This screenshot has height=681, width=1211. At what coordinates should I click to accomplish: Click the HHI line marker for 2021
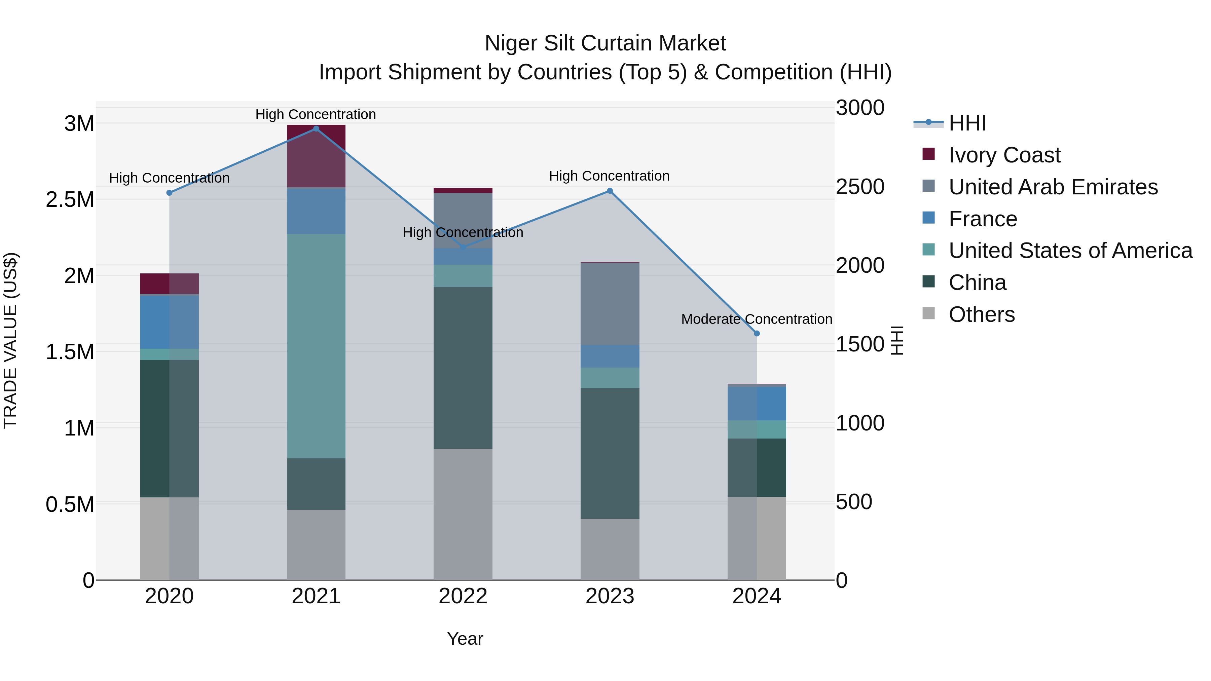click(x=316, y=129)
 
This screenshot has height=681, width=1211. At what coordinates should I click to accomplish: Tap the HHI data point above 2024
click(x=757, y=334)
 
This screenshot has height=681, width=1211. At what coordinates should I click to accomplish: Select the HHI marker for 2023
click(x=610, y=191)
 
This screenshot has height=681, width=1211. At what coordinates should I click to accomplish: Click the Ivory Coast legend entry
click(x=1004, y=155)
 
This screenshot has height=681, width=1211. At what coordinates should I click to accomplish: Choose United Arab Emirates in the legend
click(x=1053, y=187)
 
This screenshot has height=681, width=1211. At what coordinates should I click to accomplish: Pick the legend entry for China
click(x=977, y=282)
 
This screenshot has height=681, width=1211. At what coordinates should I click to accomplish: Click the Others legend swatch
click(x=928, y=313)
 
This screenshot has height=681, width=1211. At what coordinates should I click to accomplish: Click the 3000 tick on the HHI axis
click(x=860, y=108)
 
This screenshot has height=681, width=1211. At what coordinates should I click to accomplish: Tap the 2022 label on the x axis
click(x=463, y=596)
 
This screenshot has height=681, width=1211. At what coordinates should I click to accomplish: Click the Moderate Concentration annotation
click(x=757, y=319)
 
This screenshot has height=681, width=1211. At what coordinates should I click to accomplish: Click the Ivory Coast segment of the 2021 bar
click(x=316, y=156)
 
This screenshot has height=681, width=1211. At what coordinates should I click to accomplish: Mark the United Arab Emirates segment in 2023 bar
click(x=610, y=304)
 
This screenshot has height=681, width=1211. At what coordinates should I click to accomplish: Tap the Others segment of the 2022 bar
click(x=463, y=514)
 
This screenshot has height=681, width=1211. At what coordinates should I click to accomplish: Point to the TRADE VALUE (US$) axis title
click(x=10, y=340)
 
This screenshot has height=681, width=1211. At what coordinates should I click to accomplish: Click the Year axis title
click(x=465, y=639)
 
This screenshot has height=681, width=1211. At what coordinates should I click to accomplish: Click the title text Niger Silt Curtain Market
click(x=605, y=43)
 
